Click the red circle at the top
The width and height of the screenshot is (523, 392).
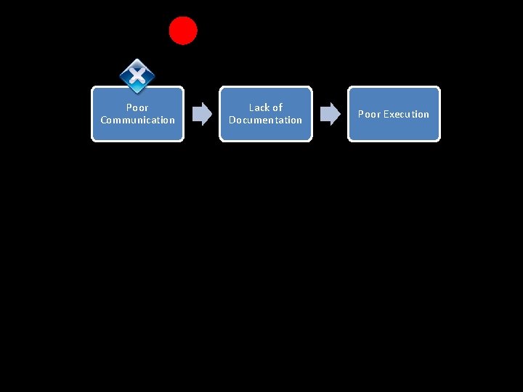click(183, 30)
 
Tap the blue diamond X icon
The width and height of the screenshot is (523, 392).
click(137, 76)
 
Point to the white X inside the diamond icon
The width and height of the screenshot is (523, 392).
click(137, 75)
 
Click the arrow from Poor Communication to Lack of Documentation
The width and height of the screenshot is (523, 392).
click(202, 114)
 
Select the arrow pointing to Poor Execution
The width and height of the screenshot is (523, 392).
click(331, 114)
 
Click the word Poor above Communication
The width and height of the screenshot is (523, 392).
click(137, 107)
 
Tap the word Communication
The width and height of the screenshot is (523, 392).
click(138, 121)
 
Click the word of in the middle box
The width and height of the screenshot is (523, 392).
click(277, 107)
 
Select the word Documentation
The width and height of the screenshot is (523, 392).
click(266, 121)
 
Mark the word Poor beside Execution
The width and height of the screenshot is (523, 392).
click(369, 114)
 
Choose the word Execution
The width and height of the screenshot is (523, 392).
click(406, 114)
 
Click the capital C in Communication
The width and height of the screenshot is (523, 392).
click(104, 121)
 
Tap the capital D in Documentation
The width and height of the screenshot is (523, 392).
click(232, 121)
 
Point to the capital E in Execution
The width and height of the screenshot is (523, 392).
click(386, 114)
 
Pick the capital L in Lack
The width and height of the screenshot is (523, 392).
click(251, 107)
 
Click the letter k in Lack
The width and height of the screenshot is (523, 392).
click(267, 107)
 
